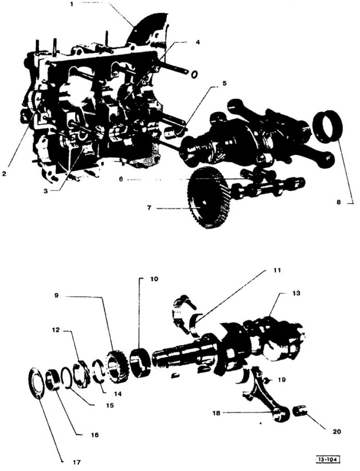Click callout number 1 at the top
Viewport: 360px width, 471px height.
71,5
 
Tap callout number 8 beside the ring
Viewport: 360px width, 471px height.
338,203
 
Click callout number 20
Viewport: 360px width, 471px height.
337,432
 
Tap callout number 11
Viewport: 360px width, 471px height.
277,270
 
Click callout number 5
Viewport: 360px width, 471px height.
224,83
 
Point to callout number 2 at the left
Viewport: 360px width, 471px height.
4,174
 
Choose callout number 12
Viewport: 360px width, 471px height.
56,330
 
